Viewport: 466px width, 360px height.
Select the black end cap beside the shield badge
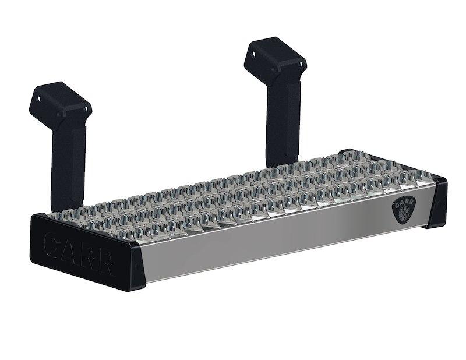(x=437, y=202)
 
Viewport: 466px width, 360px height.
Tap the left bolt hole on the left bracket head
(x=40, y=98)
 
